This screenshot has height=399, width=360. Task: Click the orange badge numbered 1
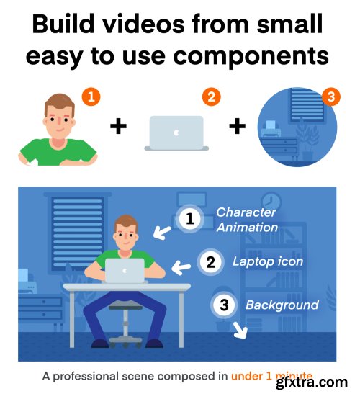[x=91, y=97]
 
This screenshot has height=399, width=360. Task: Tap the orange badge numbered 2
[x=211, y=97]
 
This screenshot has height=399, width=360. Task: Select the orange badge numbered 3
[x=330, y=97]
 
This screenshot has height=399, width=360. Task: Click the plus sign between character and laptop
[x=118, y=127]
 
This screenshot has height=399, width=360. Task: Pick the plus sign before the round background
[x=237, y=127]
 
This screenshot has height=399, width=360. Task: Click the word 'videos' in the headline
[x=144, y=24]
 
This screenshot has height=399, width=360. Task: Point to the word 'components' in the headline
[x=251, y=56]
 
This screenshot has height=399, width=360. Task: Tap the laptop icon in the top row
[x=176, y=133]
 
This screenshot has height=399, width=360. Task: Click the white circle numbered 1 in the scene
[x=190, y=218]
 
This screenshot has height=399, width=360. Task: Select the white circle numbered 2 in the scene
[x=210, y=262]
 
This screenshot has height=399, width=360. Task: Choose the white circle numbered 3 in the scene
[x=224, y=305]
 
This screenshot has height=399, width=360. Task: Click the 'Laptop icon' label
[x=268, y=261]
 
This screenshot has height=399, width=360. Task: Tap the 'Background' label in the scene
[x=282, y=305]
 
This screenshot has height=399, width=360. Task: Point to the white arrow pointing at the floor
[x=240, y=331]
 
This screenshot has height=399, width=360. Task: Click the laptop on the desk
[x=125, y=271]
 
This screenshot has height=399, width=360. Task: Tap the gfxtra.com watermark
[x=312, y=382]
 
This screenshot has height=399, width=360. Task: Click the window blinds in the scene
[x=77, y=233]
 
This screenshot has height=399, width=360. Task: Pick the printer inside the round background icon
[x=270, y=128]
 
